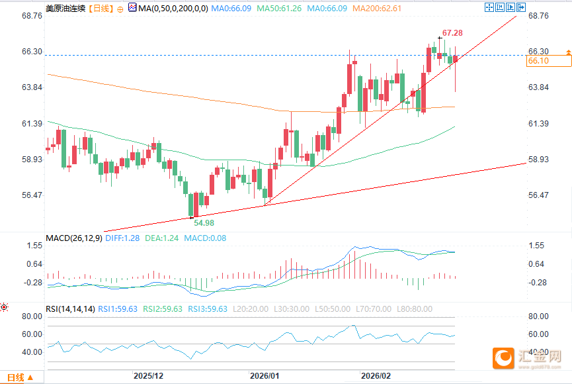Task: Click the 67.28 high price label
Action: pyautogui.click(x=452, y=32)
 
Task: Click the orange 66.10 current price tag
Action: pyautogui.click(x=539, y=61)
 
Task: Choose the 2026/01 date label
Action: pyautogui.click(x=265, y=375)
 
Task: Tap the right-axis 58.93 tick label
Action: pyautogui.click(x=540, y=160)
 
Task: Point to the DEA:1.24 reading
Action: pyautogui.click(x=161, y=238)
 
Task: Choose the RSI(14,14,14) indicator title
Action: pyautogui.click(x=70, y=309)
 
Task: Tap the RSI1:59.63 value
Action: pyautogui.click(x=118, y=309)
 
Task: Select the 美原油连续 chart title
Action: pyautogui.click(x=65, y=8)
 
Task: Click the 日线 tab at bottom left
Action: pyautogui.click(x=15, y=377)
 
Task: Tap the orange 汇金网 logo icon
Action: pyautogui.click(x=505, y=358)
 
